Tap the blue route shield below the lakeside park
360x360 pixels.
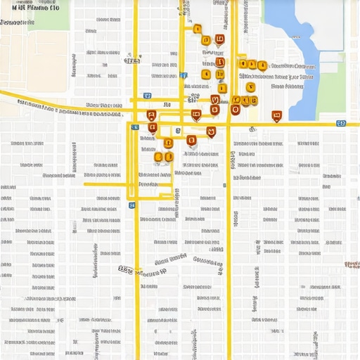[341, 123]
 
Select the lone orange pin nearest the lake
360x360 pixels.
[276, 115]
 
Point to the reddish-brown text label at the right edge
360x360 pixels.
[352, 264]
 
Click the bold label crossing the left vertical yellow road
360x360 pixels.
[141, 270]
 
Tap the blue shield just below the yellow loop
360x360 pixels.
[132, 205]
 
